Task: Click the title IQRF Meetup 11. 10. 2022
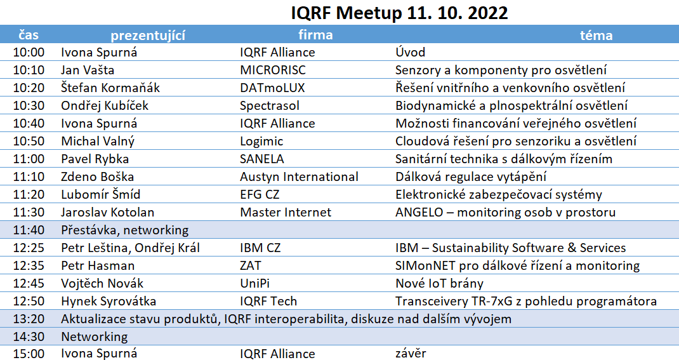(x=399, y=13)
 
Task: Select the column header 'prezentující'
(x=148, y=36)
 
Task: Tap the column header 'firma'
(x=315, y=35)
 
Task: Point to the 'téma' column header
(x=597, y=35)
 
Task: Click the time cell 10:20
(x=29, y=88)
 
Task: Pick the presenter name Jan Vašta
(x=88, y=70)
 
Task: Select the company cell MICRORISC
(x=273, y=70)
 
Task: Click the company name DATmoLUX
(x=272, y=88)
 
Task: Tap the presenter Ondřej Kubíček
(x=105, y=105)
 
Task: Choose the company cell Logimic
(x=261, y=142)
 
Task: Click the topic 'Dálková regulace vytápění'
(x=471, y=177)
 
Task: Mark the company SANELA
(x=262, y=159)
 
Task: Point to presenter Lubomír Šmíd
(x=100, y=194)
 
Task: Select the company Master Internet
(x=286, y=212)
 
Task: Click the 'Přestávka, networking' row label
(x=125, y=230)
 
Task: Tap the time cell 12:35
(x=29, y=265)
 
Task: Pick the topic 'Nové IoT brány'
(x=440, y=283)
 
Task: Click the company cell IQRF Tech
(x=268, y=301)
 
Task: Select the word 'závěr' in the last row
(x=411, y=354)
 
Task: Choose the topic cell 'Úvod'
(x=411, y=52)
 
